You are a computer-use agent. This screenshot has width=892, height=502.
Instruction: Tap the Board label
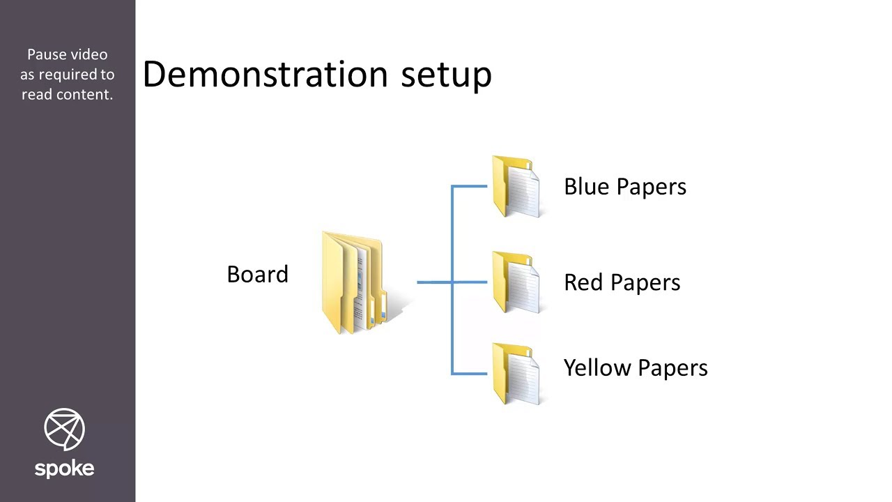[257, 275]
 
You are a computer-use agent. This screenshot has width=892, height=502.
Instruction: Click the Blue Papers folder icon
[516, 186]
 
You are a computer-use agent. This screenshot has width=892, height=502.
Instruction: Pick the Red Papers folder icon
[516, 282]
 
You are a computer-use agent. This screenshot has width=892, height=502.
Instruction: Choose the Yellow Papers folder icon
[516, 373]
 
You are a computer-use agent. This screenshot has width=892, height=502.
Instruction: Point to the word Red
[580, 282]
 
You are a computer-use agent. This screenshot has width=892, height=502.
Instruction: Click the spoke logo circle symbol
[64, 429]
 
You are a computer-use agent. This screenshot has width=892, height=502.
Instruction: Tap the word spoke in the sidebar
[64, 468]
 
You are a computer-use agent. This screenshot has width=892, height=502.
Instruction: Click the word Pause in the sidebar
[47, 54]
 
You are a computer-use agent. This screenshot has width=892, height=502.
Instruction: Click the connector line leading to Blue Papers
[469, 186]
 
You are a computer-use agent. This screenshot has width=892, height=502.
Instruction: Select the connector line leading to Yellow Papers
[469, 374]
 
